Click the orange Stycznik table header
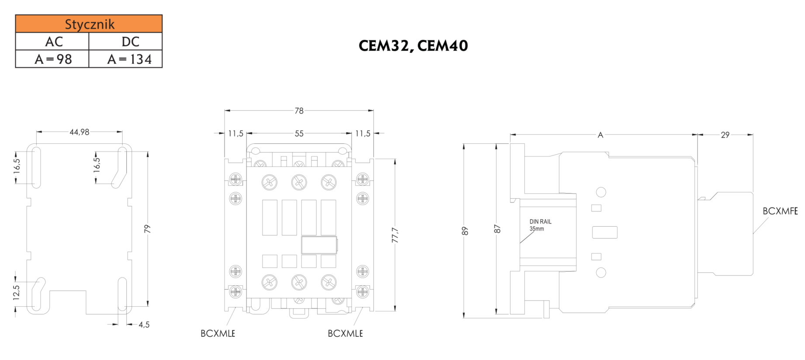coord(89,24)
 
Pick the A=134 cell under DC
coord(129,59)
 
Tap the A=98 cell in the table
coord(53,59)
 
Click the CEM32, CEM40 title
coord(413,46)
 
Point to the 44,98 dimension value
coord(79,132)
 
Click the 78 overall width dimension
coord(299,111)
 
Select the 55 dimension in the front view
coord(299,134)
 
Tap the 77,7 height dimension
coord(395,235)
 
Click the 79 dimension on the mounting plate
coord(147,228)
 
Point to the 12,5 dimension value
coord(16,292)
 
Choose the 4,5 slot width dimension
coord(144,325)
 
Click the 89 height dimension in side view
coord(465,231)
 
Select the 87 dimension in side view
coord(497,229)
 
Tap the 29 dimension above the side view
coord(725,135)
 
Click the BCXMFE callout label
coord(780,211)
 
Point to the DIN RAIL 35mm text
coord(540,225)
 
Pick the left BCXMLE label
coord(218,333)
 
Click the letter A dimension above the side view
coord(600,135)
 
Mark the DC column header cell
coord(130,42)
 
